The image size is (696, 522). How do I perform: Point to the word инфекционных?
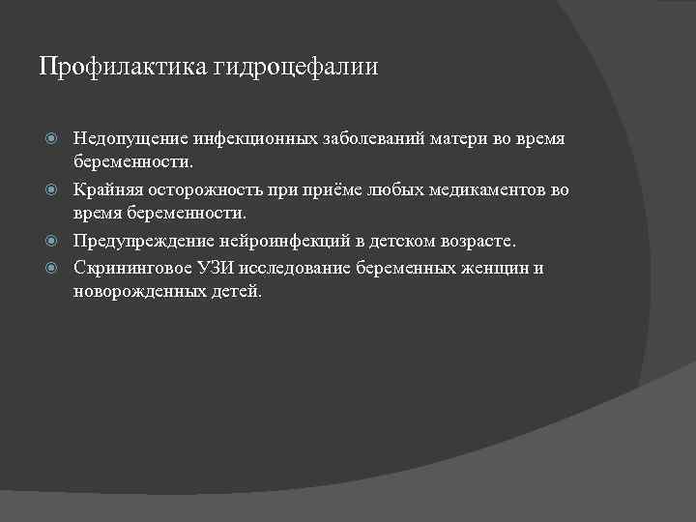pos(253,139)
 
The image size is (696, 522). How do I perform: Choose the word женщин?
pos(492,268)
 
